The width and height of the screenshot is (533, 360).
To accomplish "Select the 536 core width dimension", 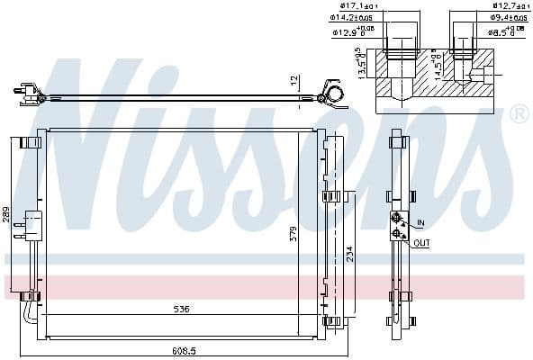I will click(181, 310).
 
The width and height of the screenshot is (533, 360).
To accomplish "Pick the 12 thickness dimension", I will click(293, 81).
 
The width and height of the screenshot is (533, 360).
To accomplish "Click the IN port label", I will click(420, 222).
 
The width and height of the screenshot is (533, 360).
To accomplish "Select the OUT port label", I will click(422, 242).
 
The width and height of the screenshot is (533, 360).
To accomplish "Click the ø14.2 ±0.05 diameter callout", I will click(351, 17).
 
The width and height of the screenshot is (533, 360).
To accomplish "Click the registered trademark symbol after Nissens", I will click(519, 114).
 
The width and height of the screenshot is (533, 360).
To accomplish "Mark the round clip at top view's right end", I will click(333, 93).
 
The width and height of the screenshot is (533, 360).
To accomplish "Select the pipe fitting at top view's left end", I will click(25, 90).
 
